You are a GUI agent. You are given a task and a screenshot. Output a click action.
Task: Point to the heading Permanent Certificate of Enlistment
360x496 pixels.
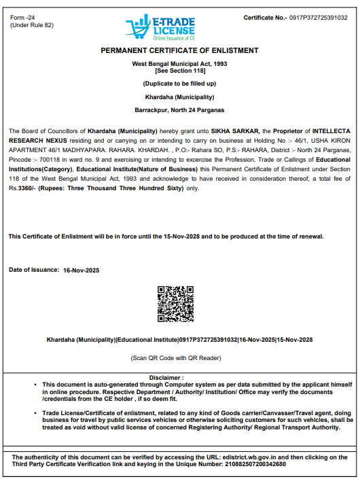point(179,51)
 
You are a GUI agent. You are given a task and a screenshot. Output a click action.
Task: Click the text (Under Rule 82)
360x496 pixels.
point(32,25)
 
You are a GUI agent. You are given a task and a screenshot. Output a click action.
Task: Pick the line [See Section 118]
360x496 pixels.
point(179,71)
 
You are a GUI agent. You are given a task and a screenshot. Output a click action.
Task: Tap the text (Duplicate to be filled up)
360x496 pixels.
point(179,84)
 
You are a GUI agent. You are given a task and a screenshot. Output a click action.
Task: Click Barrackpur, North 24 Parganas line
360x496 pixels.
point(179,109)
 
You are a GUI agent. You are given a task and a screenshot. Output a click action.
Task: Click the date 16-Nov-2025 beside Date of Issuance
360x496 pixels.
point(82,270)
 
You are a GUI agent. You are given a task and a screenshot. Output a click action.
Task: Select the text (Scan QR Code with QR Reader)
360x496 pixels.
point(176,357)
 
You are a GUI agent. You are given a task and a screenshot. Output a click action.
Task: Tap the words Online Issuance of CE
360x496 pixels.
point(173,39)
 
